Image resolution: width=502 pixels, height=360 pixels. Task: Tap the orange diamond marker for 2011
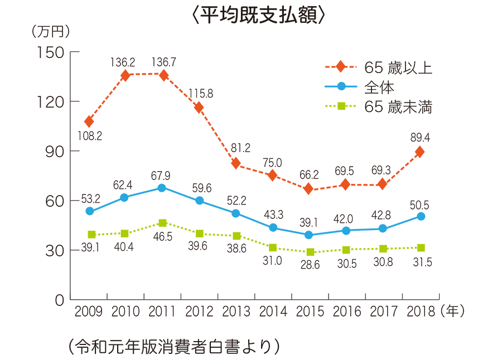[163, 75]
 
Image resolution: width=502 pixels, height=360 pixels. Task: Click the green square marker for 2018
[420, 247]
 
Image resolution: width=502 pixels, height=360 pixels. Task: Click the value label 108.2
[89, 135]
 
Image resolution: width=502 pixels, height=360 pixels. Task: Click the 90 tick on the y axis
[54, 151]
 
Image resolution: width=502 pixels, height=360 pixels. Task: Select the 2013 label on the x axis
[235, 311]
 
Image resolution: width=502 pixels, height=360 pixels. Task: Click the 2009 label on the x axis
[89, 311]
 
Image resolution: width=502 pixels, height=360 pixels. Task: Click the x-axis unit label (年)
[452, 310]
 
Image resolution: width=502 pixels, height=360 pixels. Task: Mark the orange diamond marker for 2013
[236, 163]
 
